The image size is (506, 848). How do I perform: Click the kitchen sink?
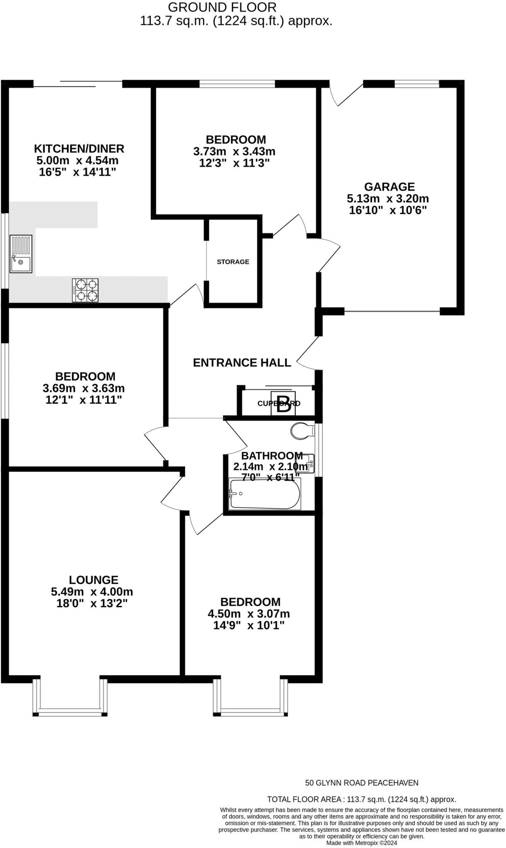tap(21, 253)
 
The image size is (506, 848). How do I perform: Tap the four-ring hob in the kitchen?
tap(85, 290)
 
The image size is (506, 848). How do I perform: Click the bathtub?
tap(265, 494)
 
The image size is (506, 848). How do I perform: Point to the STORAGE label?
tap(233, 262)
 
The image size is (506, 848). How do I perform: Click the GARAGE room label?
tap(389, 187)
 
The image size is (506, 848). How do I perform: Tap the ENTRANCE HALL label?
tap(242, 363)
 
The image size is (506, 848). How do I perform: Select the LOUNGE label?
tap(94, 580)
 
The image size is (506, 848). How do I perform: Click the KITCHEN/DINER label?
tap(79, 148)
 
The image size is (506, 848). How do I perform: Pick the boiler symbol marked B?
tap(283, 403)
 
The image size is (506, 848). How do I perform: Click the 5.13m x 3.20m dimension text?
tap(388, 198)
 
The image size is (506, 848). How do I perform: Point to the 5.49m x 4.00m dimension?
tap(92, 592)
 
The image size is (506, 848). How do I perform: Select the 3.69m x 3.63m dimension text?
tap(84, 388)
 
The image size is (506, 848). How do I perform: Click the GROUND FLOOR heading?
tap(222, 7)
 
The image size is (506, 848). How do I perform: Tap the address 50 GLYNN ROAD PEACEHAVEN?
tap(362, 783)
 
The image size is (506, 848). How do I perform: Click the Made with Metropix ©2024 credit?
tap(362, 843)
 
